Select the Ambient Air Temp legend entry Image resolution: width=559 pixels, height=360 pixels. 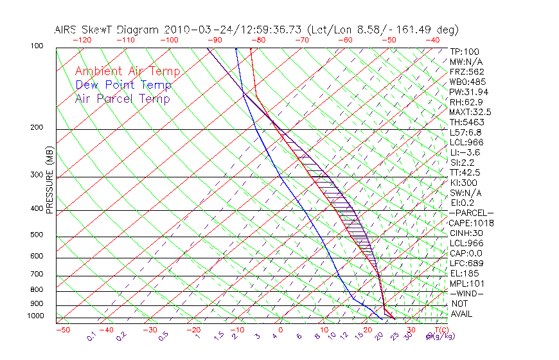pyautogui.click(x=127, y=71)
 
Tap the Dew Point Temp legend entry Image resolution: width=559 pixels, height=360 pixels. pyautogui.click(x=123, y=85)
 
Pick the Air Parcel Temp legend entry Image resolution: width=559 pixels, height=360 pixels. pyautogui.click(x=122, y=98)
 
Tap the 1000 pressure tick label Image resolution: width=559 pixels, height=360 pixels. pyautogui.click(x=37, y=316)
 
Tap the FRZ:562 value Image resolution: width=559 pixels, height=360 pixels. pyautogui.click(x=466, y=71)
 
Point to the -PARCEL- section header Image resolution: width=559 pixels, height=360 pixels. pyautogui.click(x=471, y=213)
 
